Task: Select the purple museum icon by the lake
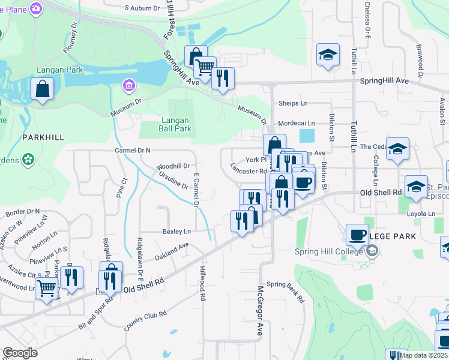(x=127, y=86)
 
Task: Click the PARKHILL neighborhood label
(x=43, y=137)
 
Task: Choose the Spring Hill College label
(x=331, y=251)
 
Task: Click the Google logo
(x=20, y=353)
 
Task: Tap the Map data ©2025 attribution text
(x=423, y=355)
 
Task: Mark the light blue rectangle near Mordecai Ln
(x=307, y=136)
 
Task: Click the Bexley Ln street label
(x=176, y=231)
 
